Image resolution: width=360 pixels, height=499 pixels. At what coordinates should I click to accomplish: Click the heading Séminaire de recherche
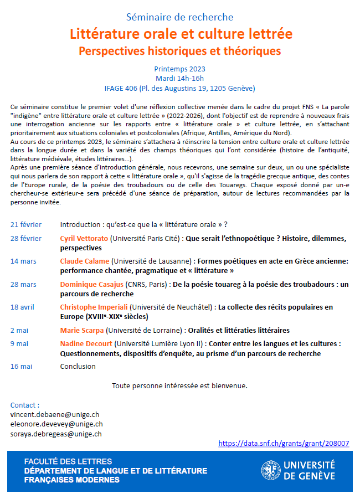click(180, 17)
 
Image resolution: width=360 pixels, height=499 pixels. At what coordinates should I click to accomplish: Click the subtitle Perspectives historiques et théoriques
click(180, 51)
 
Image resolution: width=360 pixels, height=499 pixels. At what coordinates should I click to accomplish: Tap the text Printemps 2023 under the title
click(180, 69)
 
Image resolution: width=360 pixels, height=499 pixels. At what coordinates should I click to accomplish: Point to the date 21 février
click(26, 225)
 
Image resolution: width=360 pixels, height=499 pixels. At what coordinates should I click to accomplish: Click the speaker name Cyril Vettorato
click(84, 239)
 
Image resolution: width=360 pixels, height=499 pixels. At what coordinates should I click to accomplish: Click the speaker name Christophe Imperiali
click(95, 307)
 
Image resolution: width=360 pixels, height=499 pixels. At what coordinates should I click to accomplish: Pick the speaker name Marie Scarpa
click(82, 330)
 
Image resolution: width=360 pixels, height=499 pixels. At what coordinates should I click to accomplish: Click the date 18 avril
click(23, 307)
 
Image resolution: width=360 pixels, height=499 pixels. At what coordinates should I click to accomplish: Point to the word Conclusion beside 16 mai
click(78, 366)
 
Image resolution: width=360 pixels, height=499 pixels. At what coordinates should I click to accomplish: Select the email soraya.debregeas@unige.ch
click(56, 434)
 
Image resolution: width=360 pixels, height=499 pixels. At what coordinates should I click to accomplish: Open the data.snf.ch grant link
click(284, 443)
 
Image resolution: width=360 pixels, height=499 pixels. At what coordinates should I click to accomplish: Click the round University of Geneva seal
click(271, 470)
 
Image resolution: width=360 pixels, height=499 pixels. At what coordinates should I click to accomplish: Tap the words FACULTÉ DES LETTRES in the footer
click(68, 461)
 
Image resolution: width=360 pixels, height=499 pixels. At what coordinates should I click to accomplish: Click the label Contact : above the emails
click(25, 405)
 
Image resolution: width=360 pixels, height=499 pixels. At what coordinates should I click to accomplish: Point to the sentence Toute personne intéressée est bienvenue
click(179, 385)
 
